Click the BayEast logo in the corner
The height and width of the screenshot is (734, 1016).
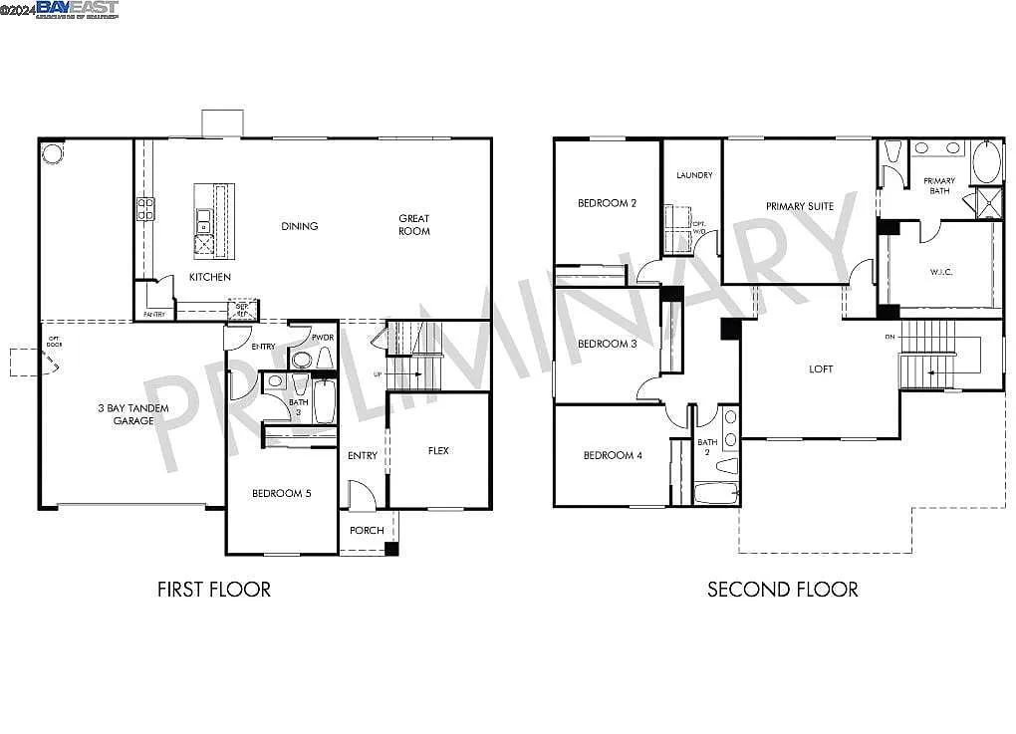coord(77,9)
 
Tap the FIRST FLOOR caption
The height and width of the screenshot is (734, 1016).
coord(213,590)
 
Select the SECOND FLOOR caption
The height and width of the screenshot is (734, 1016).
coord(782,590)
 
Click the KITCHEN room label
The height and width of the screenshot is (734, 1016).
coord(210,277)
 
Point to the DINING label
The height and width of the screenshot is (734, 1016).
coord(299,226)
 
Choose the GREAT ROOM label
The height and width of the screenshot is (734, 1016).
coord(414,225)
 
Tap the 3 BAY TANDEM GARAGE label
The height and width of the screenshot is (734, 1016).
coord(132,414)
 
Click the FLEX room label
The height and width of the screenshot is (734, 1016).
coord(438,451)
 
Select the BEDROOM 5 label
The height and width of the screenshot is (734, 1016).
coord(281,493)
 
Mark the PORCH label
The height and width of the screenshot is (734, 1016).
coord(367,530)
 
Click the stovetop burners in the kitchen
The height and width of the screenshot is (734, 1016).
coord(145,208)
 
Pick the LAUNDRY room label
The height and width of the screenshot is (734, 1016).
coord(694,175)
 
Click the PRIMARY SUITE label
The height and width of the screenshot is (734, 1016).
coord(799,206)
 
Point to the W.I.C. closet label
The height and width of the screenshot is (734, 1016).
coord(941,271)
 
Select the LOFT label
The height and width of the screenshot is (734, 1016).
coord(821,368)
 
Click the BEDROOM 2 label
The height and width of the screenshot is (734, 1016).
coord(607,203)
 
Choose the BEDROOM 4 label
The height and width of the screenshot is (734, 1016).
coord(613,455)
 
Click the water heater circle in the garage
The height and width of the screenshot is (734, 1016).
coord(52,154)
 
